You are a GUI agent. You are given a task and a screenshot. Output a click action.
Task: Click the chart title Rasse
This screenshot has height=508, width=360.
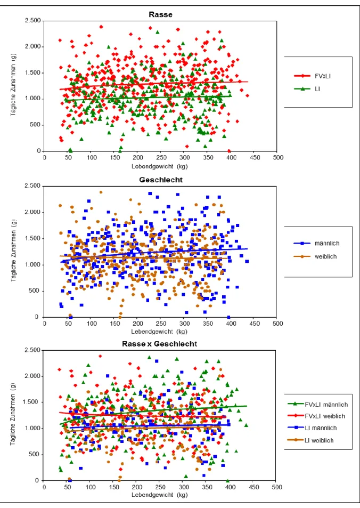click(x=161, y=14)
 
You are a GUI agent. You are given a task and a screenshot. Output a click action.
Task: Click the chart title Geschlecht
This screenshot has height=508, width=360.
click(x=161, y=180)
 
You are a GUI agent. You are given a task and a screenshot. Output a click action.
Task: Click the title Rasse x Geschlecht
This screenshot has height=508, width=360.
click(x=159, y=344)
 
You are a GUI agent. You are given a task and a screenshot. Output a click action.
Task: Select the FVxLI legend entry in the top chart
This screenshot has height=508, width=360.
click(x=313, y=76)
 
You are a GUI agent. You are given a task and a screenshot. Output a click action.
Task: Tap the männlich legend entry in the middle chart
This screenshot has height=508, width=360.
click(x=317, y=243)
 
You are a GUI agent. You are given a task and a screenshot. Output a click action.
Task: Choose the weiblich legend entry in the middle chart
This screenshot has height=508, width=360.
click(x=315, y=256)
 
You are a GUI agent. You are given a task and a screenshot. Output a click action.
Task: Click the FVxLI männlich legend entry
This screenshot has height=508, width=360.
click(x=318, y=405)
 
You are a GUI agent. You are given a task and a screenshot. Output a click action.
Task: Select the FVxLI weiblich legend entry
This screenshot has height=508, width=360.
click(x=317, y=416)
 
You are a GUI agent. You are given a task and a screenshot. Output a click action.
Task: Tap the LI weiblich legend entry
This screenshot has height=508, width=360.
click(x=311, y=440)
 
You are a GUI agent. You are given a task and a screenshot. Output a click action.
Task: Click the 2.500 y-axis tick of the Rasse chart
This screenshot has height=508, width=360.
click(x=33, y=21)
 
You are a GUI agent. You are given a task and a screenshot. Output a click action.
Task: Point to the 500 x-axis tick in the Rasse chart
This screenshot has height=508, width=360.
click(x=278, y=158)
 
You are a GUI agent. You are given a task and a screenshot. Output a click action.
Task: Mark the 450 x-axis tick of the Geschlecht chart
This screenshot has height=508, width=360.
click(x=255, y=324)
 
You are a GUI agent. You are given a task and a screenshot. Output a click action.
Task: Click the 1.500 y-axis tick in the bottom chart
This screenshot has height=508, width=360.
click(x=32, y=402)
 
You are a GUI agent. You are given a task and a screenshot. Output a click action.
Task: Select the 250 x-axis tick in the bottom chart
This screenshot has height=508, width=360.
click(x=160, y=487)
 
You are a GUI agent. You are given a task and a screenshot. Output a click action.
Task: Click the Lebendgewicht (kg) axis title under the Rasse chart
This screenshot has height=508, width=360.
click(x=160, y=166)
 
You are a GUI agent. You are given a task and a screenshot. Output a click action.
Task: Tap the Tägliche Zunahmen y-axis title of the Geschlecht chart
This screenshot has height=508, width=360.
click(x=14, y=251)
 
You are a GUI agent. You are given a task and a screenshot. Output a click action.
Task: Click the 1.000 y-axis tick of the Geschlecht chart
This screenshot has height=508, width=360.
click(x=33, y=265)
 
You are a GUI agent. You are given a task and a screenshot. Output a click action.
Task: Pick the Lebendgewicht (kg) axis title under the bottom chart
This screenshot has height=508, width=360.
click(x=160, y=495)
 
